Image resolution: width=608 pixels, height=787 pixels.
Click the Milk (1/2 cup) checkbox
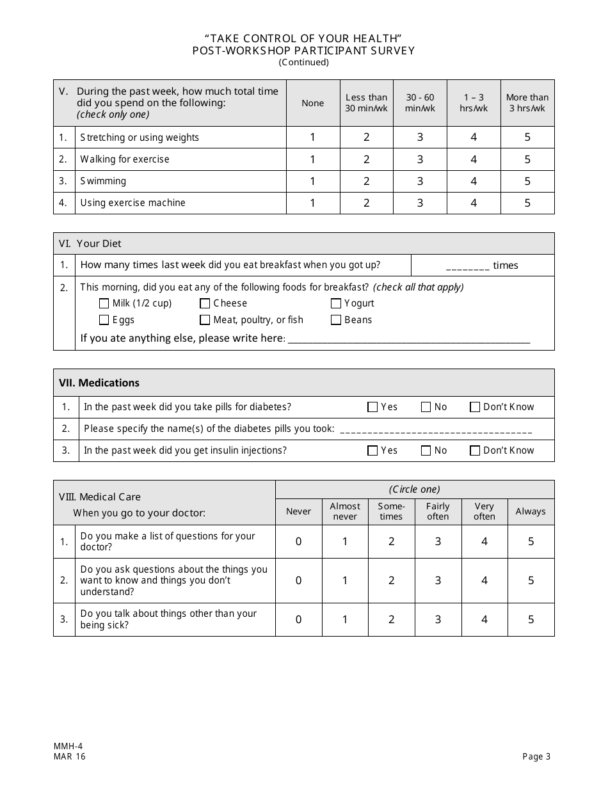click(x=104, y=304)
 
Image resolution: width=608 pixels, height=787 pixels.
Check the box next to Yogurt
click(x=336, y=304)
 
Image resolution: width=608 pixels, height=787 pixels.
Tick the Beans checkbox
click(x=336, y=320)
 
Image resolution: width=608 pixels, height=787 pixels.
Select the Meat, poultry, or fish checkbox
click(x=205, y=320)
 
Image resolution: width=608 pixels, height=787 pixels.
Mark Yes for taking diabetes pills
click(x=372, y=407)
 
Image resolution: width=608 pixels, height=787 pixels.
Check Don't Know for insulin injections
click(x=475, y=450)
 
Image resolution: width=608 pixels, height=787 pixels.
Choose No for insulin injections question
click(x=426, y=450)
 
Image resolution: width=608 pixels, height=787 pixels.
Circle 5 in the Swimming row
click(x=527, y=181)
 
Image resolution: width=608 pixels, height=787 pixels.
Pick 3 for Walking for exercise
click(x=420, y=159)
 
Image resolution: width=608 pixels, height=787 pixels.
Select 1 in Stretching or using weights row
click(x=313, y=138)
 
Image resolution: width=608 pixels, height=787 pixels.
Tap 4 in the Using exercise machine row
click(x=474, y=203)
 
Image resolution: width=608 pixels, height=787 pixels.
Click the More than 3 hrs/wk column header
click(x=527, y=103)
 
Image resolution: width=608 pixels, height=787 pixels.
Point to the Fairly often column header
click(x=438, y=511)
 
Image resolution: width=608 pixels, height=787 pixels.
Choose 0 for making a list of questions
click(x=298, y=542)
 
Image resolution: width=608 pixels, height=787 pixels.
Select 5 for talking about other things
click(x=531, y=619)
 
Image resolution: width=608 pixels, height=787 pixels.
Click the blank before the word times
click(x=468, y=266)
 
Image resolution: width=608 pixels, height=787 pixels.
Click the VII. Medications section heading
click(x=99, y=383)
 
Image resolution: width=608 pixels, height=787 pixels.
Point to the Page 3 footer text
click(x=536, y=757)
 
